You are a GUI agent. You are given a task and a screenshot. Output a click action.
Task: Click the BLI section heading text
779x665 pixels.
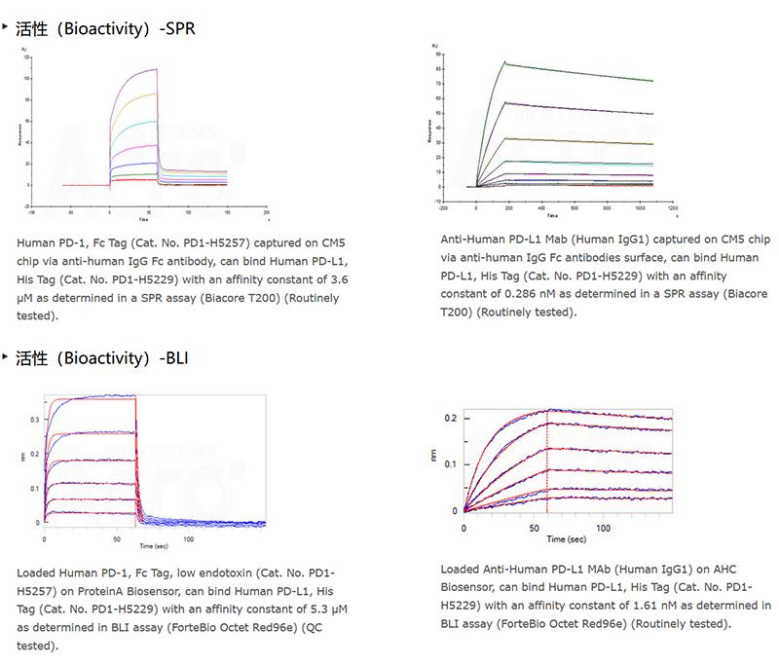(102, 357)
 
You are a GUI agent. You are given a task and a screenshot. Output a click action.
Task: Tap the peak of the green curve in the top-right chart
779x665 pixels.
(504, 62)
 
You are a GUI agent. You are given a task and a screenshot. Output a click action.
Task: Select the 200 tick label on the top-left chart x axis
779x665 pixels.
(267, 210)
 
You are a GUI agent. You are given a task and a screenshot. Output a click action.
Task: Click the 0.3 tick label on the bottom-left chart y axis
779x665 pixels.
(36, 420)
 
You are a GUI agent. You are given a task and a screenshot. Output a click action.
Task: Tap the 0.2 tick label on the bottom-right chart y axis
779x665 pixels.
(451, 418)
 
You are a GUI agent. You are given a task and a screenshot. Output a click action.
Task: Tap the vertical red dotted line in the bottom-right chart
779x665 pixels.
(547, 467)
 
